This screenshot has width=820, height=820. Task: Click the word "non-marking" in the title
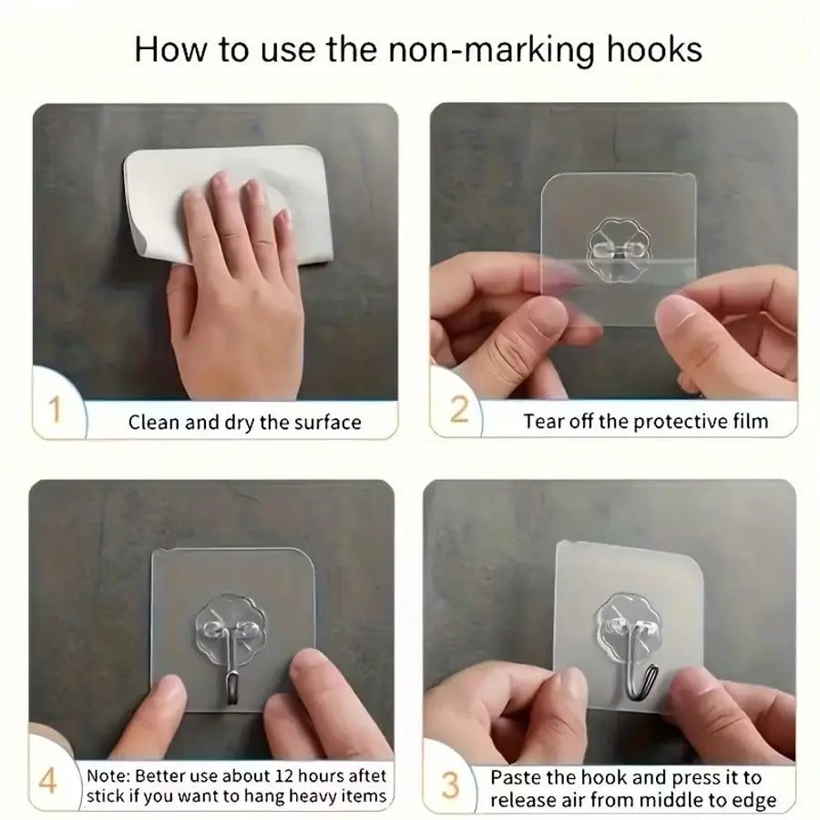pos(492,51)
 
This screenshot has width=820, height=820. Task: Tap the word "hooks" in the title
pos(654,49)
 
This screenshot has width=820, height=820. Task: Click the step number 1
pos(55,409)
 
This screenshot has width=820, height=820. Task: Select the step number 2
pos(458,409)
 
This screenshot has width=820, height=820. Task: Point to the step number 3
pos(450,785)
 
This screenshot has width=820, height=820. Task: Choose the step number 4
pos(47,782)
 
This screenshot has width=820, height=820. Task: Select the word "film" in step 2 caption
pos(751,421)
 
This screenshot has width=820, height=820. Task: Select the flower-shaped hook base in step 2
pos(619,250)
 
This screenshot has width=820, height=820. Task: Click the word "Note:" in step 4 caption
pos(108,775)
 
